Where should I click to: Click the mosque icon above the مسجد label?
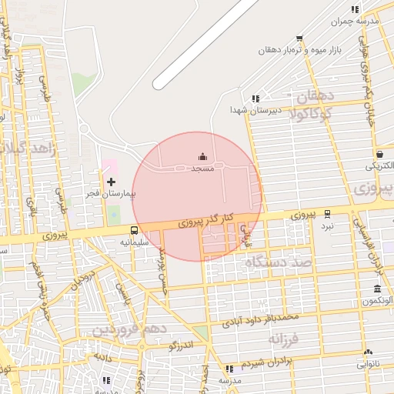tap(202, 157)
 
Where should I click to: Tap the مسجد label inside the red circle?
tap(202, 168)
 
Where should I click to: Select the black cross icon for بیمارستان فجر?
tap(112, 182)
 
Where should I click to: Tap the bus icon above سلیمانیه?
tap(135, 230)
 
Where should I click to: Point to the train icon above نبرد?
tap(328, 214)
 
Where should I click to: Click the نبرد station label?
tap(328, 226)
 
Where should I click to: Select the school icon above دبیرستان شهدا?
tap(255, 98)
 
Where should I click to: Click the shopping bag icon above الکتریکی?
tap(380, 153)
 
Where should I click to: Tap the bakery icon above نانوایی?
tap(368, 352)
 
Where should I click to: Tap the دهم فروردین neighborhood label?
tap(126, 329)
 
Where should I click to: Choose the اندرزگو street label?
tap(185, 346)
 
